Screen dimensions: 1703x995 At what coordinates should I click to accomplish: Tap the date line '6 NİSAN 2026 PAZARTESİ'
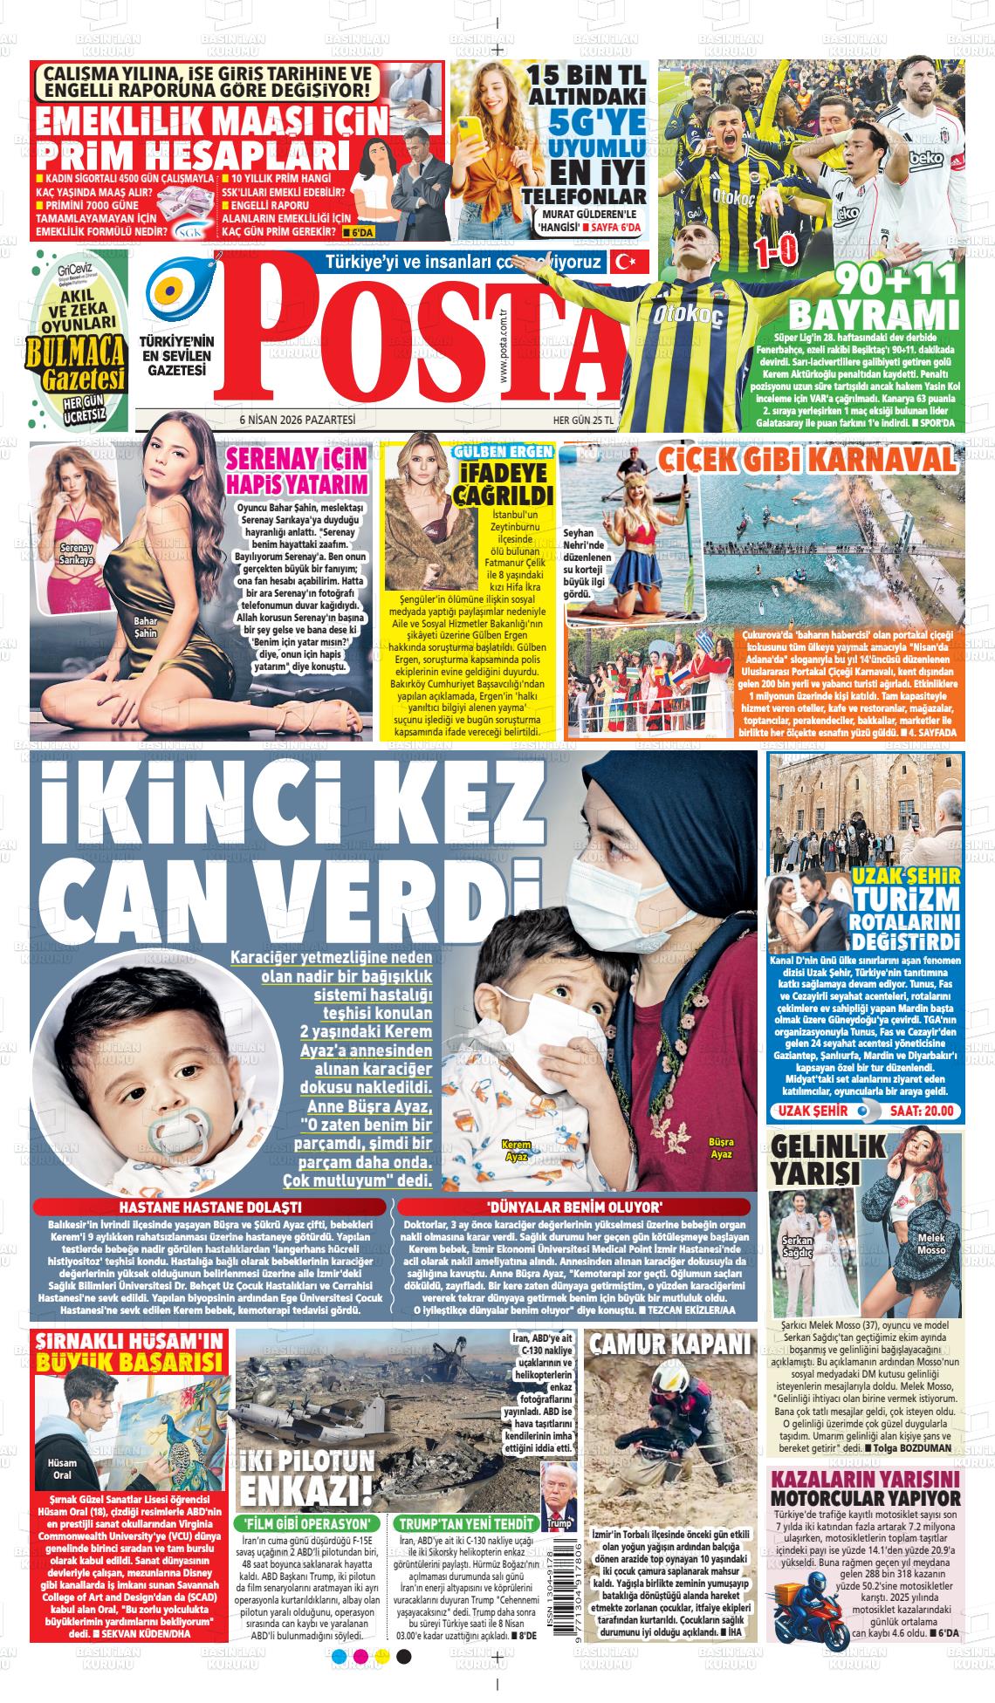298,420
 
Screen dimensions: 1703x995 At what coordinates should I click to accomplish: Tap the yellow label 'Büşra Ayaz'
721,1148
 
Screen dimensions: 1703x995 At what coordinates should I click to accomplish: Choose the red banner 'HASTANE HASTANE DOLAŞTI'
209,1207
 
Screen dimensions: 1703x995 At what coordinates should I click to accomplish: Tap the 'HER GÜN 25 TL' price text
584,420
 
